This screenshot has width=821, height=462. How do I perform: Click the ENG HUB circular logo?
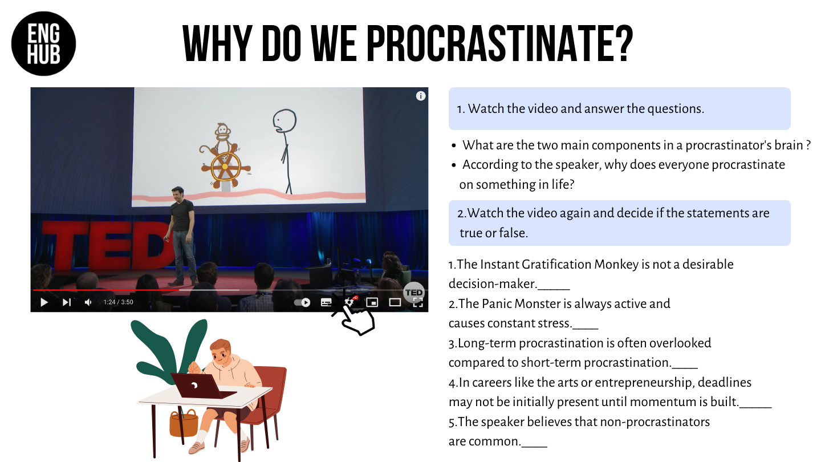click(43, 43)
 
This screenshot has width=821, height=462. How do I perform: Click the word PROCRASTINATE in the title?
click(500, 43)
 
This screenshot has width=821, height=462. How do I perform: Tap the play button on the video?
click(44, 302)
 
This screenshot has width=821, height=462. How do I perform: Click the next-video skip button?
click(66, 302)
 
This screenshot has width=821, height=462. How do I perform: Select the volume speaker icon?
click(88, 302)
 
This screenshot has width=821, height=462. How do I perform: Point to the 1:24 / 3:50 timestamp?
click(118, 302)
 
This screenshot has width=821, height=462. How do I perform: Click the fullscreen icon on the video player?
click(418, 302)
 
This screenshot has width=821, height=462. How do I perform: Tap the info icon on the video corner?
click(421, 96)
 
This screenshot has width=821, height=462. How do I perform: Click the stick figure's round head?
click(284, 121)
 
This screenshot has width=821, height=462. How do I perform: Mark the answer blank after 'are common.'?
click(534, 446)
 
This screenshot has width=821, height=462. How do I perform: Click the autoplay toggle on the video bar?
click(302, 302)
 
